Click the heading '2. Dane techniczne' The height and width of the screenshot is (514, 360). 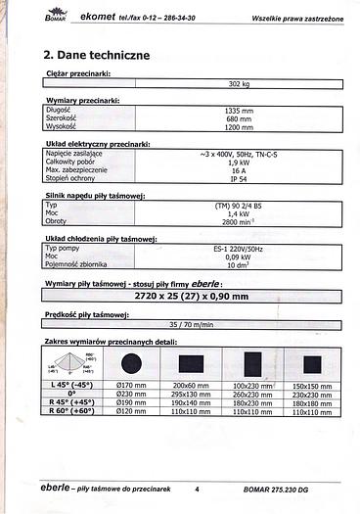(97, 55)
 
